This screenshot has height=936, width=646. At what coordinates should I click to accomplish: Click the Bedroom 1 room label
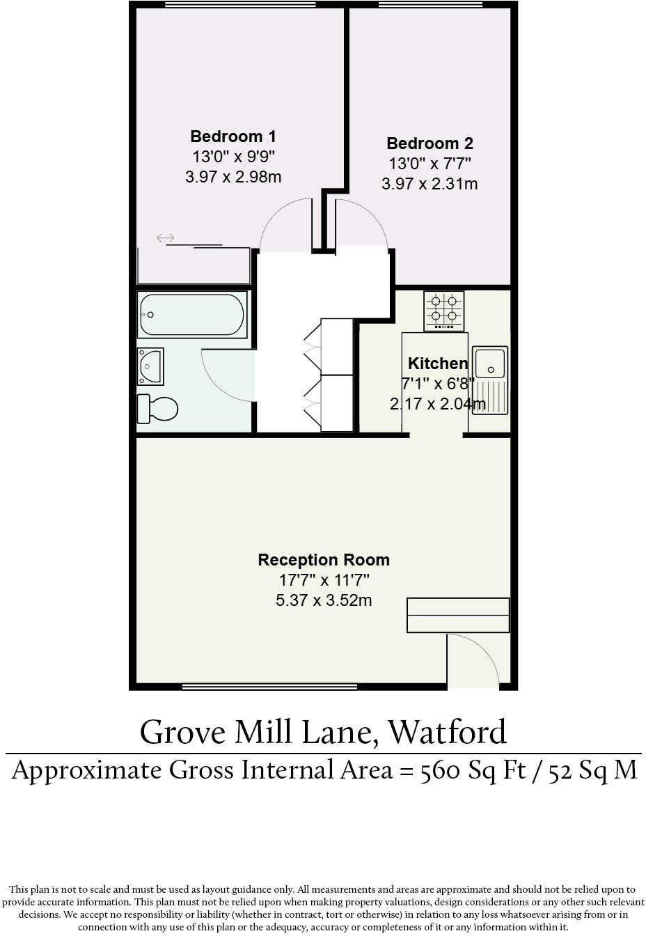[233, 136]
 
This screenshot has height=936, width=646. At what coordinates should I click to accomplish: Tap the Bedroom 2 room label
[430, 143]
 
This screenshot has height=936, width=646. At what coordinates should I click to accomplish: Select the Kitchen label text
[437, 364]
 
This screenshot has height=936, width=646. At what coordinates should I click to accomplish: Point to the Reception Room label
[324, 560]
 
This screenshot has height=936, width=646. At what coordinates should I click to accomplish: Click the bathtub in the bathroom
[192, 315]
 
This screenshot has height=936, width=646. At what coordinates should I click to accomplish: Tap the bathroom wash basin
[150, 366]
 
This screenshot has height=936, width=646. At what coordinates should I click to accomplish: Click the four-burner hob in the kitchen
[444, 311]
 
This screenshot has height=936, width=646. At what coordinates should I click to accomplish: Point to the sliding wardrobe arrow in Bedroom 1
[165, 239]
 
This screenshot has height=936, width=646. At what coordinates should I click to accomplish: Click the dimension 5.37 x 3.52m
[324, 600]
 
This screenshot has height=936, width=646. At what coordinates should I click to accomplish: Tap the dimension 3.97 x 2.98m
[233, 177]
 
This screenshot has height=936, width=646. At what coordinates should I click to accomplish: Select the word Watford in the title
[446, 732]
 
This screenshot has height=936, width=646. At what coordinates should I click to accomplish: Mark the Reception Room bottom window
[269, 687]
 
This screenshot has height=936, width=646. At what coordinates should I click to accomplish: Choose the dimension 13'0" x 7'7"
[430, 164]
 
